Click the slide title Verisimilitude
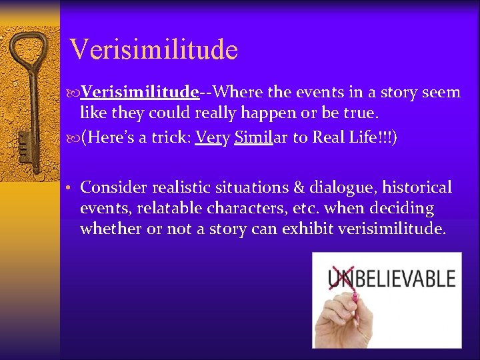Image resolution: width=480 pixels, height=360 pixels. [x=153, y=49]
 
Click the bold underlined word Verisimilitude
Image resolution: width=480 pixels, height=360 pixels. [x=140, y=91]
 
